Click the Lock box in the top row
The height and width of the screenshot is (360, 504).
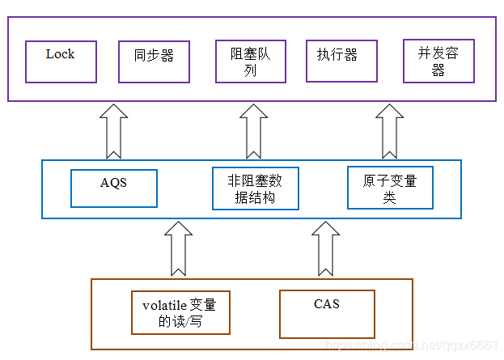61,61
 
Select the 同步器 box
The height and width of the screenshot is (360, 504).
154,61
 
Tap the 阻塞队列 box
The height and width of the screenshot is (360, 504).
251,61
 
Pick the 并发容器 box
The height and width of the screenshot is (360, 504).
438,61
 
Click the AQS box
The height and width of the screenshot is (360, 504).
113,188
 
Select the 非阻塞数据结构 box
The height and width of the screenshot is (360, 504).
256,188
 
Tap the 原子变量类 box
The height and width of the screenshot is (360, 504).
390,188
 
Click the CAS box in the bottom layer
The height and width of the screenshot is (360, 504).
327,314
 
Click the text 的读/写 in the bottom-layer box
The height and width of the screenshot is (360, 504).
180,321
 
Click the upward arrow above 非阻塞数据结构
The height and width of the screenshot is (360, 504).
253,133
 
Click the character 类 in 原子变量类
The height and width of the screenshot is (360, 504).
390,197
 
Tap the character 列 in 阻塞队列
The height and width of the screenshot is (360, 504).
251,70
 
